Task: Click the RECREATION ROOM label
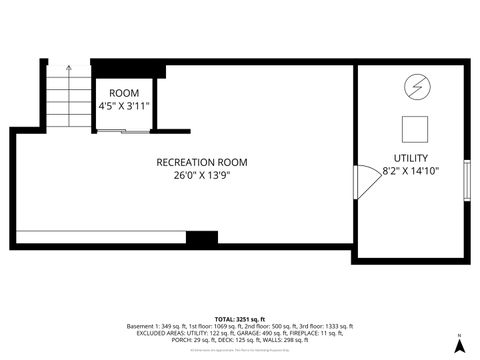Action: [x=202, y=162]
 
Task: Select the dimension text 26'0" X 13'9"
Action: [x=202, y=176]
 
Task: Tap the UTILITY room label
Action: [x=411, y=158]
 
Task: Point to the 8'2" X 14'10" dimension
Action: [x=411, y=171]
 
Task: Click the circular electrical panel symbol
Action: [x=414, y=89]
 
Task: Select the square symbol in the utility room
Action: [x=414, y=128]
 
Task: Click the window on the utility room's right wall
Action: [x=467, y=179]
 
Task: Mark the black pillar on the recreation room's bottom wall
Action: [x=202, y=238]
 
